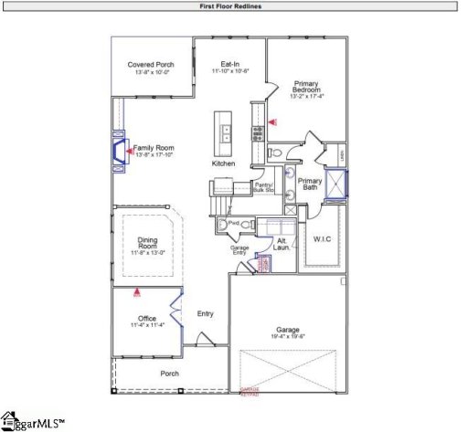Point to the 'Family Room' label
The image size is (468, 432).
click(x=154, y=147)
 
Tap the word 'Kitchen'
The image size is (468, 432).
click(x=224, y=163)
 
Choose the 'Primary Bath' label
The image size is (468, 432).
click(x=311, y=184)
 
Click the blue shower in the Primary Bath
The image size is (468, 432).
click(x=340, y=184)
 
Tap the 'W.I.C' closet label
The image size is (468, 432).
click(x=324, y=240)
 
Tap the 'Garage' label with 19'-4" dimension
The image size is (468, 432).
click(x=288, y=332)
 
